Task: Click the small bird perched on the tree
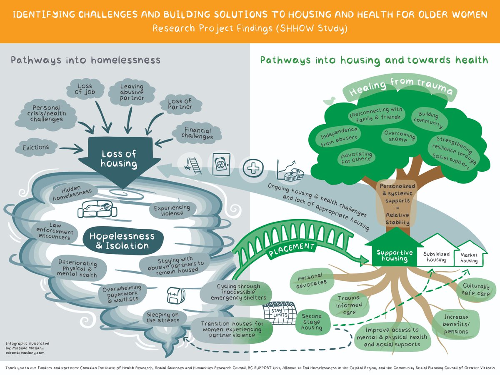pyautogui.click(x=330, y=101)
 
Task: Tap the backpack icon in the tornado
pyautogui.click(x=176, y=295)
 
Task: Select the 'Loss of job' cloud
pyautogui.click(x=85, y=89)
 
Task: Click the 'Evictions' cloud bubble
pyautogui.click(x=36, y=147)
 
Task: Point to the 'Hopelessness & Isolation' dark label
pyautogui.click(x=123, y=241)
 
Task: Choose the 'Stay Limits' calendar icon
pyautogui.click(x=280, y=313)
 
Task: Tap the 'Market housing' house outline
pyautogui.click(x=470, y=255)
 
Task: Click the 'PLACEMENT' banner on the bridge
pyautogui.click(x=292, y=249)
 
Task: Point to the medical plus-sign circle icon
pyautogui.click(x=253, y=168)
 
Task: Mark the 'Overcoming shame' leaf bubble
pyautogui.click(x=399, y=136)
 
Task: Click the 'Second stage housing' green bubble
pyautogui.click(x=312, y=322)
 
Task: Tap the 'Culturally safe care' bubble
pyautogui.click(x=476, y=290)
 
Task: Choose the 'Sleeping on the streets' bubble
pyautogui.click(x=163, y=317)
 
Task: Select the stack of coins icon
pyautogui.click(x=294, y=175)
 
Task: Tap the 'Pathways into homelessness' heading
pyautogui.click(x=86, y=60)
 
